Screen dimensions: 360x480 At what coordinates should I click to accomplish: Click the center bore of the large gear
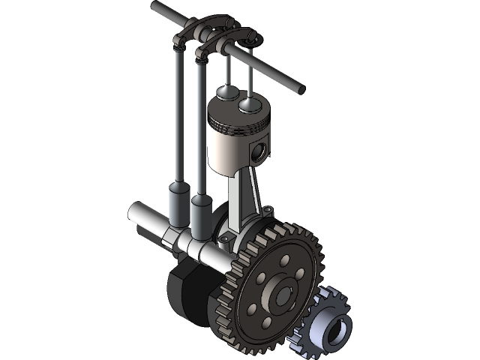283,295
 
